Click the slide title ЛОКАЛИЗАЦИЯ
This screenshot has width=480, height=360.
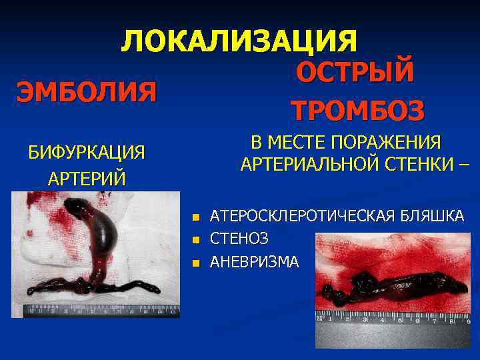[239, 41]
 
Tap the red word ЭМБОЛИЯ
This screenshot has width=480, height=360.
[87, 91]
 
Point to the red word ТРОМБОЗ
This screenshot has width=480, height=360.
[357, 109]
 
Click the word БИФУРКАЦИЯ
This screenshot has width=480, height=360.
[87, 152]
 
